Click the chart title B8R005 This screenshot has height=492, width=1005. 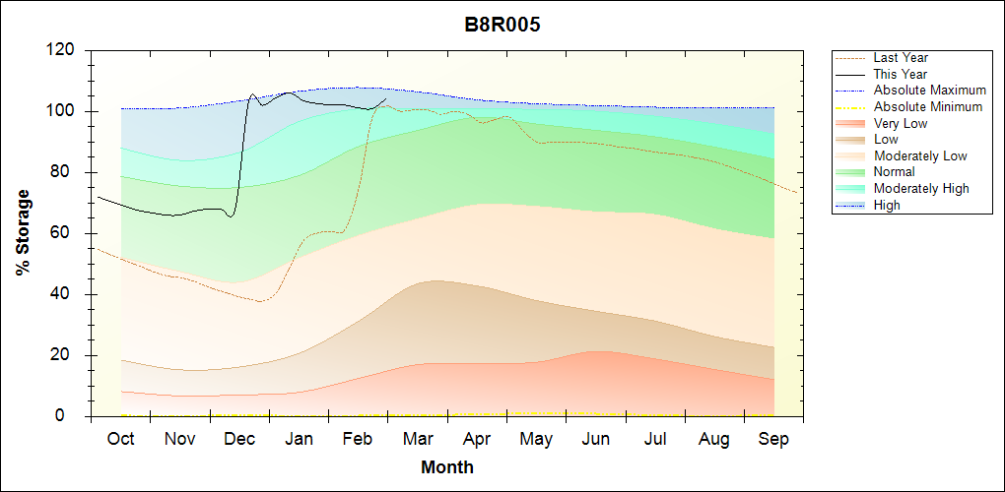(502, 26)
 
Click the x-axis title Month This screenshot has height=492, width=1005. (447, 467)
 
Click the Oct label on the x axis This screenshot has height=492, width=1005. (120, 439)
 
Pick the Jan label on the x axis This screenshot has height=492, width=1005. (299, 439)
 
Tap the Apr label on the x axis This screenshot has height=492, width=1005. (477, 439)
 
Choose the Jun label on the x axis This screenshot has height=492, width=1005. (596, 439)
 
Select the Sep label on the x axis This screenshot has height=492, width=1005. (773, 439)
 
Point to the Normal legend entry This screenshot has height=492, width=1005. (896, 172)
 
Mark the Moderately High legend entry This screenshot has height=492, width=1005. (921, 188)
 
